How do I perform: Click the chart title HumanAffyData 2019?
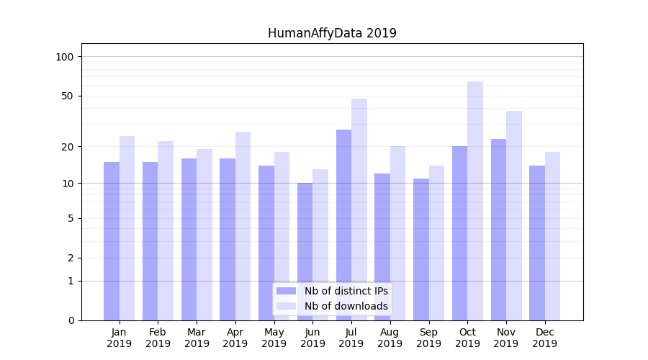pos(332,33)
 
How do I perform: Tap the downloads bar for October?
pos(475,201)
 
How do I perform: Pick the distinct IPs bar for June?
pos(305,251)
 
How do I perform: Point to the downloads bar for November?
pos(514,215)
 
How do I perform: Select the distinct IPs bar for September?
pos(421,249)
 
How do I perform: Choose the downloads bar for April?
pos(243,226)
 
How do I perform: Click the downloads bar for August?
pos(398,233)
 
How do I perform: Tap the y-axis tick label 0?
pos(71,320)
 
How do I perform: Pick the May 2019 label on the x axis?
pos(274,338)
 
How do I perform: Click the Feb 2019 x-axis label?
pos(158,338)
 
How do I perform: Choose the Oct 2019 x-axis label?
pos(467,338)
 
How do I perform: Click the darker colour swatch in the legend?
pos(286,291)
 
